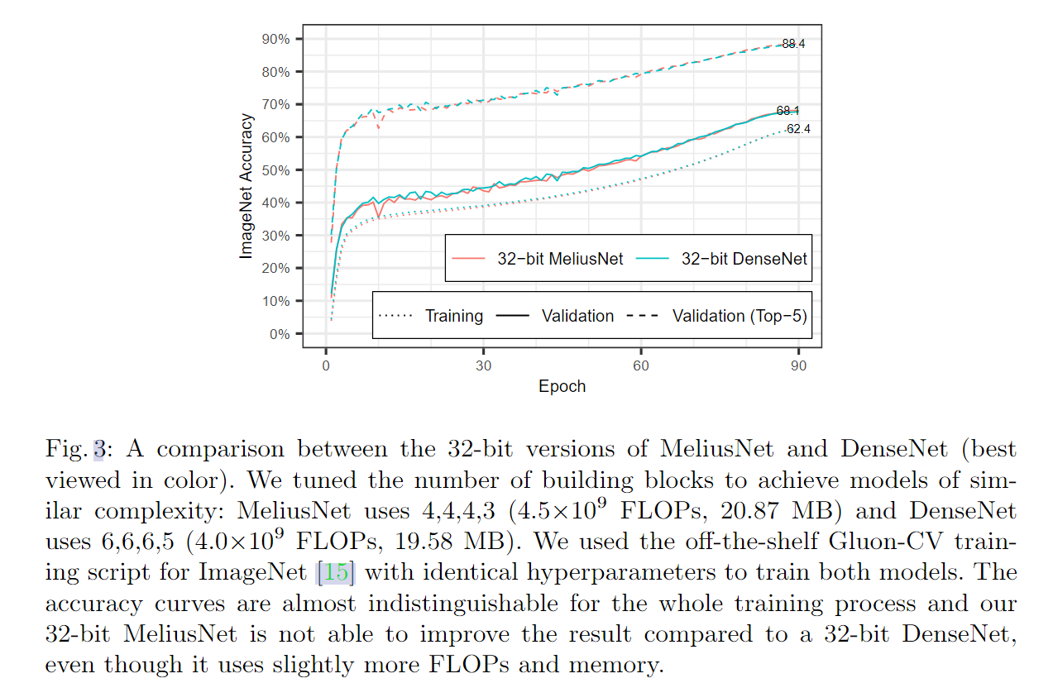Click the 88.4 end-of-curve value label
point(792,44)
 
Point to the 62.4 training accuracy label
point(798,129)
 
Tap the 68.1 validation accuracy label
point(787,111)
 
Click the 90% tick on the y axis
point(275,39)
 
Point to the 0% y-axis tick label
point(279,334)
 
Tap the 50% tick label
point(275,170)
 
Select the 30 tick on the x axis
point(484,365)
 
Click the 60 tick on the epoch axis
point(641,365)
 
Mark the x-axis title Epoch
point(562,387)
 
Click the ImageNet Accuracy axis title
point(246,186)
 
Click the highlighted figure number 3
point(99,450)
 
